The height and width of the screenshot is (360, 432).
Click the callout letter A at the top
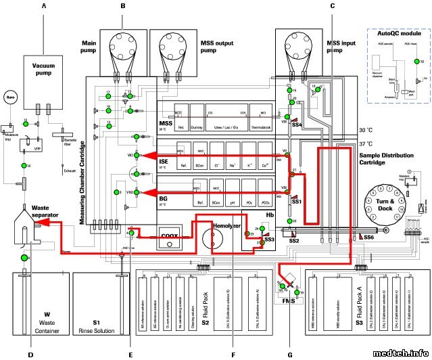[x=44, y=6]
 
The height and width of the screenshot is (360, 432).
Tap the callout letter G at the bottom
[x=291, y=354]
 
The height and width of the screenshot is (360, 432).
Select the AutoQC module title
[x=395, y=32]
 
